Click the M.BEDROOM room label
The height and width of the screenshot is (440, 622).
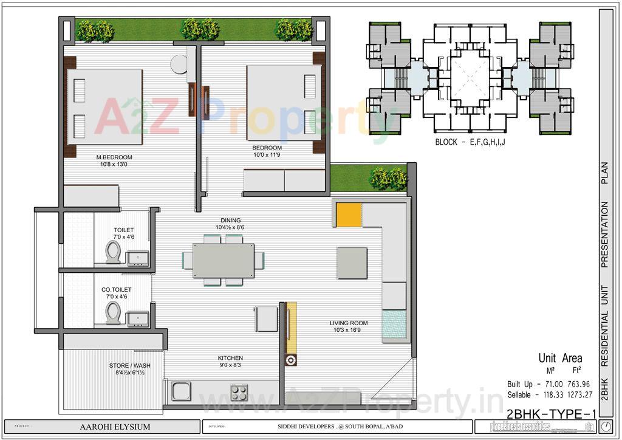click(x=114, y=157)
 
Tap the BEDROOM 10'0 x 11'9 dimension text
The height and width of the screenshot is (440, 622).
click(x=267, y=155)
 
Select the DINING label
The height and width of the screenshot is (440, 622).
click(x=231, y=220)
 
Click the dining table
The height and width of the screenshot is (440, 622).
click(x=224, y=260)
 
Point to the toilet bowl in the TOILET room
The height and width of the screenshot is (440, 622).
click(x=113, y=251)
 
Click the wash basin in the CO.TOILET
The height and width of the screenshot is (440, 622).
click(x=138, y=318)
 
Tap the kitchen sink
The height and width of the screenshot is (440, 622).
click(x=181, y=391)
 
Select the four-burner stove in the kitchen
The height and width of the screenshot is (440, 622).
click(x=239, y=392)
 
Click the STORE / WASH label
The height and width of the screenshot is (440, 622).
click(x=129, y=365)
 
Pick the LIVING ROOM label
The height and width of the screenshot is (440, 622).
click(x=349, y=323)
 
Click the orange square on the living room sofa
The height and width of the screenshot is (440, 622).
click(x=349, y=214)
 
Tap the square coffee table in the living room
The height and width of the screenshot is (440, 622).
click(x=352, y=263)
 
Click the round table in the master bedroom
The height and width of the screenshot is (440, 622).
click(x=179, y=64)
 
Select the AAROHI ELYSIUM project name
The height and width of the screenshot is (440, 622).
click(x=115, y=427)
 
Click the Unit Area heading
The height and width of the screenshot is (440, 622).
click(x=560, y=358)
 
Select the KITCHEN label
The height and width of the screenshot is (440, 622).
click(x=230, y=358)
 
